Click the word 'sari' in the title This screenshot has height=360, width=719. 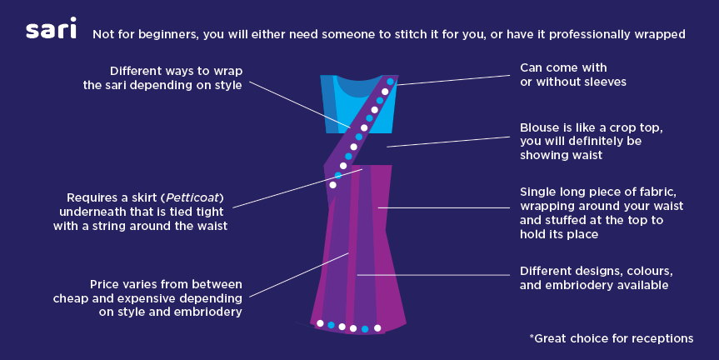[51, 31]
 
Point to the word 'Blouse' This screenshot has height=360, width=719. [541, 127]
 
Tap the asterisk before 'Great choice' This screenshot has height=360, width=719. [532, 337]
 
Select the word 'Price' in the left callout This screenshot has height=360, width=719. [107, 283]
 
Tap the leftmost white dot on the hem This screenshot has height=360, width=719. [320, 322]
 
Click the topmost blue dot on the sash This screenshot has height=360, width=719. [390, 82]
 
